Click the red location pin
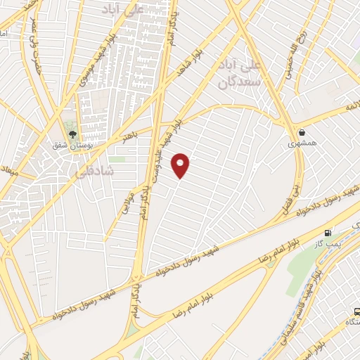[181, 165]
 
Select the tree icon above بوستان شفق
[72, 133]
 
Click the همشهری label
[302, 143]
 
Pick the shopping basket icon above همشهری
[302, 131]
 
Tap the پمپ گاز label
[328, 244]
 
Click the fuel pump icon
[328, 233]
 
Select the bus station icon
[356, 311]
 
